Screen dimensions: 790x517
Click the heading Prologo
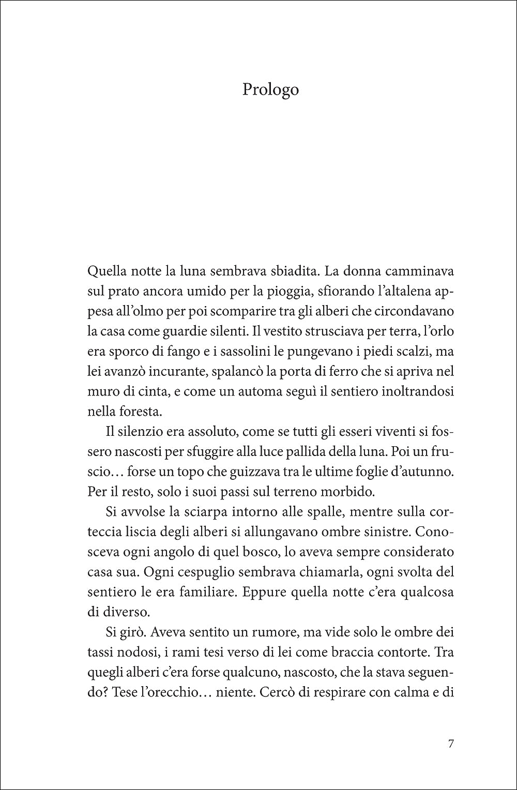270,90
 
